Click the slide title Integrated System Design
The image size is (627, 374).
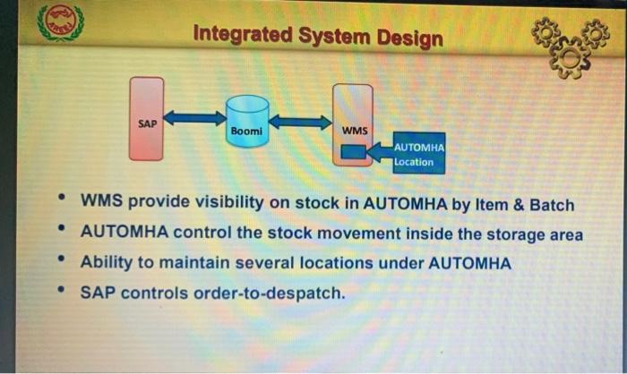click(x=318, y=38)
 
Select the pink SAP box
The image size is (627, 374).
click(x=146, y=119)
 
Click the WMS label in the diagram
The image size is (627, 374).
click(x=355, y=131)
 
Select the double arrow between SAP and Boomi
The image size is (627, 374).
click(x=194, y=117)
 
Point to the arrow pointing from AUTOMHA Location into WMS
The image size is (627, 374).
click(x=380, y=153)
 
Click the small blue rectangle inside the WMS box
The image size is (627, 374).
click(x=355, y=153)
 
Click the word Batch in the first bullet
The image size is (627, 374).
click(x=551, y=204)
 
